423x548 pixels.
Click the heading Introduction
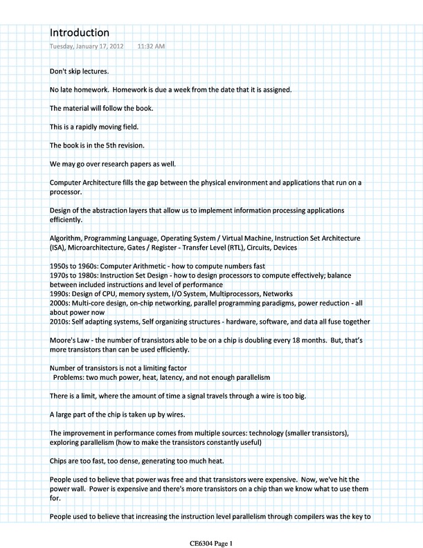(x=80, y=33)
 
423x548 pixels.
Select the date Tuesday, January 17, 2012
(x=87, y=47)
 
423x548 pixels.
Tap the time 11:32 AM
(x=152, y=47)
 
